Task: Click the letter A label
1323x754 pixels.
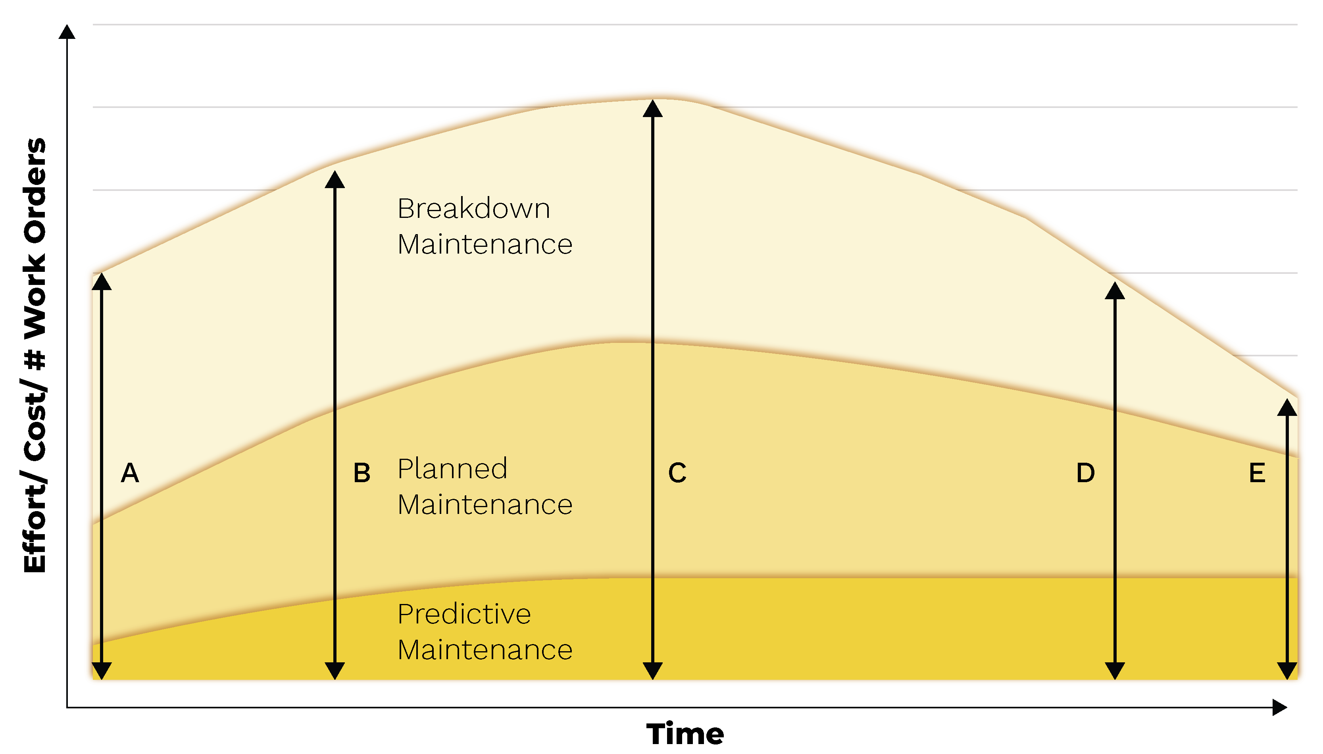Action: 130,473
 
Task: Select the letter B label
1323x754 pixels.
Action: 362,473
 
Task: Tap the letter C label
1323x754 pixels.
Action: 677,473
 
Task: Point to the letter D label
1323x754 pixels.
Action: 1085,473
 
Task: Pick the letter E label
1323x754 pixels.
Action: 1257,473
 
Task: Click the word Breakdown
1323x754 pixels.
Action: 473,209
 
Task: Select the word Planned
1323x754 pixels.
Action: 452,469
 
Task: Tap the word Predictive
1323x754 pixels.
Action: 464,615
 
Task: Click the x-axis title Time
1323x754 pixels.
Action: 685,734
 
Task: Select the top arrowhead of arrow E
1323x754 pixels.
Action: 1287,408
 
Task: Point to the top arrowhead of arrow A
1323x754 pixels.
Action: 102,282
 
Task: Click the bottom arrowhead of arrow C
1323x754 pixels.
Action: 652,671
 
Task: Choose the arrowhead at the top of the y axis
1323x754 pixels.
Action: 67,32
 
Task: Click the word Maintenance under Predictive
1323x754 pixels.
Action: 485,650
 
